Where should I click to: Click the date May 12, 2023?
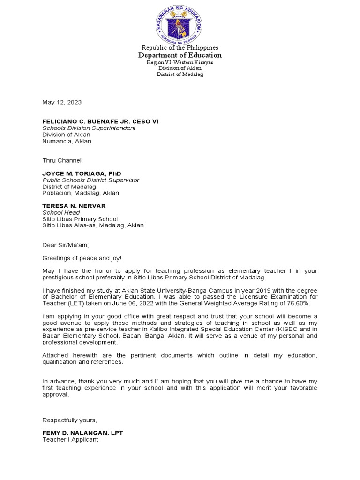[62, 102]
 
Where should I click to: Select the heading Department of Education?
[180, 55]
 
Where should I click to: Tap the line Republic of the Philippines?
[180, 48]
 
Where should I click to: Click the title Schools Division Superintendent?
[89, 128]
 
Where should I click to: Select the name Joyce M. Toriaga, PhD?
[82, 173]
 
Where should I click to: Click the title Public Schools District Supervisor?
[91, 180]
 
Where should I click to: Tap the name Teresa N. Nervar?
[74, 206]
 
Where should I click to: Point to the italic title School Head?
[61, 212]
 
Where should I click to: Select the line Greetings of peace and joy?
[82, 258]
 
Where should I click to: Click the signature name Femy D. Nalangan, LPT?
[82, 433]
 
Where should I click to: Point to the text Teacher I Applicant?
[70, 440]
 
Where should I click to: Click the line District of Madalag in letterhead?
[180, 75]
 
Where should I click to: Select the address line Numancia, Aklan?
[67, 141]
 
